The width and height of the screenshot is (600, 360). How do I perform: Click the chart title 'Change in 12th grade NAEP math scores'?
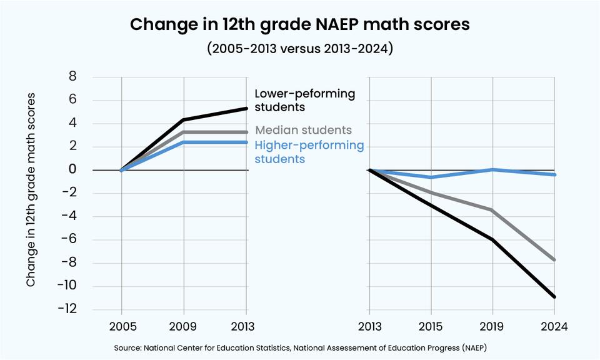[299, 25]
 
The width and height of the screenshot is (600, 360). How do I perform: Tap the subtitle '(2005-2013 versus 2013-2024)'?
[299, 49]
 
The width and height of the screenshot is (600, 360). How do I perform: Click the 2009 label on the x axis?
[184, 326]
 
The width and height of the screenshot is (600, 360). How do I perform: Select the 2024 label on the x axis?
[554, 326]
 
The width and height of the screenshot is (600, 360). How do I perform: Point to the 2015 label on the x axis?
[431, 326]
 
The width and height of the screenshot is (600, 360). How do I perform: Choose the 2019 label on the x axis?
[492, 326]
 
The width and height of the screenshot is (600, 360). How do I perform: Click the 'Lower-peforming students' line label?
[304, 100]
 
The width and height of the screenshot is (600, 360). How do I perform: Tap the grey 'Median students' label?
[304, 131]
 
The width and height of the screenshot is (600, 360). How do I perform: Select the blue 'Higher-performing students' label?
[309, 152]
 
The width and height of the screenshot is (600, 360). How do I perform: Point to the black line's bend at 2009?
[184, 120]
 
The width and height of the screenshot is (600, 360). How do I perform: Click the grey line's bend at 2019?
[492, 210]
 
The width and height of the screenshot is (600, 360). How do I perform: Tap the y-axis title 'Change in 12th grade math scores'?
[31, 190]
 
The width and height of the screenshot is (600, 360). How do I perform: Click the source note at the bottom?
[299, 347]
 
